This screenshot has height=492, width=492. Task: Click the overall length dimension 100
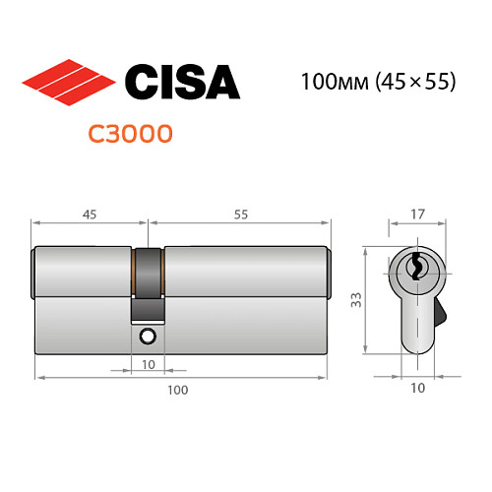[x=177, y=390]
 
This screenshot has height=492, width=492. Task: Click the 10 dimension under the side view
[x=417, y=388]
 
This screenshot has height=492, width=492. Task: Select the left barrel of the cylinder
[x=84, y=269]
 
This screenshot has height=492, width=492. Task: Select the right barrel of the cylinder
[x=246, y=269]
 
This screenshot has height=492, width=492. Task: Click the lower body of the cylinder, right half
[x=246, y=320]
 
